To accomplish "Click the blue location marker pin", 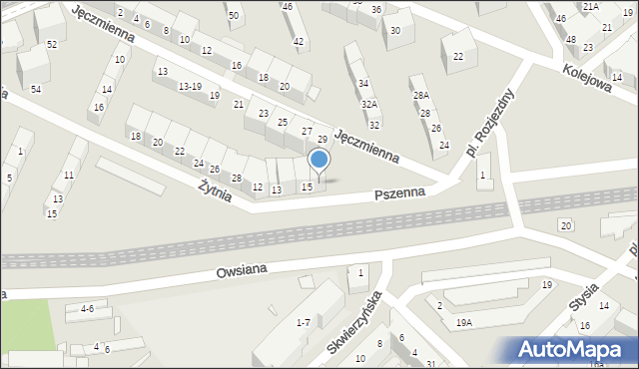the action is pyautogui.click(x=319, y=161).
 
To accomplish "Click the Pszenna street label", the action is pyautogui.click(x=405, y=191).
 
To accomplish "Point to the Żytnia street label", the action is pyautogui.click(x=215, y=188).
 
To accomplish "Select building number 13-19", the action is pyautogui.click(x=190, y=87).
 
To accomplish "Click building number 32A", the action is pyautogui.click(x=369, y=104).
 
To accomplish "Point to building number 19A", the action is pyautogui.click(x=464, y=322).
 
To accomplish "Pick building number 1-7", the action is pyautogui.click(x=304, y=322).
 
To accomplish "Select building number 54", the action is pyautogui.click(x=36, y=90).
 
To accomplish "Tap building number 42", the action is pyautogui.click(x=299, y=41).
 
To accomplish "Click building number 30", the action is pyautogui.click(x=395, y=30).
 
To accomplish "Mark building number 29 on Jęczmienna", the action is pyautogui.click(x=322, y=140).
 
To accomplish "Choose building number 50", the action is pyautogui.click(x=234, y=16).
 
